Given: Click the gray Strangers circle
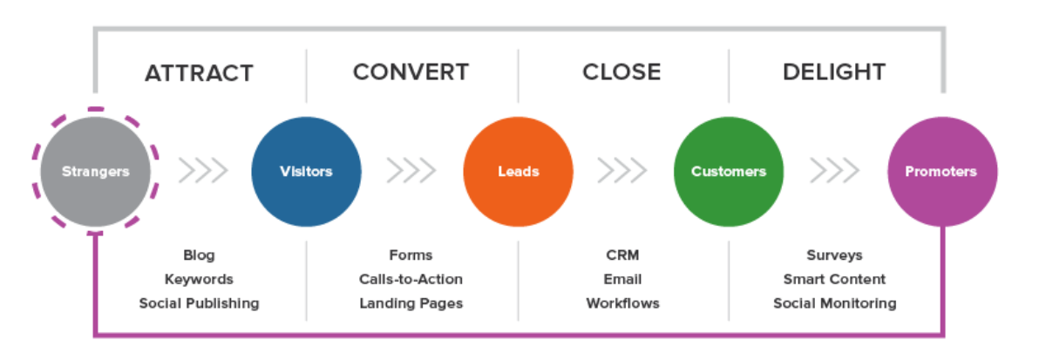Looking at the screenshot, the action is click(x=95, y=171).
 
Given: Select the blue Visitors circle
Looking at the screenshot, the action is click(x=306, y=171).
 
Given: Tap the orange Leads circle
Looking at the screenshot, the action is click(x=518, y=171).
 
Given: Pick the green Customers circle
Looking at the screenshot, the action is click(x=729, y=171).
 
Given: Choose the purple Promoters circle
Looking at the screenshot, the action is click(x=942, y=171).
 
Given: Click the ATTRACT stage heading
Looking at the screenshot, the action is click(x=199, y=73).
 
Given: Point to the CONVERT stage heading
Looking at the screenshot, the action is click(x=411, y=71).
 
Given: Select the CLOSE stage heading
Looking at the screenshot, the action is click(x=621, y=71).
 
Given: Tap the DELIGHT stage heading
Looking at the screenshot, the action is click(x=834, y=71).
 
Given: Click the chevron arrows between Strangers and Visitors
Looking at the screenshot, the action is click(x=203, y=171).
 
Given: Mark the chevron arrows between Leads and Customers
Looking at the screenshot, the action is click(x=621, y=171).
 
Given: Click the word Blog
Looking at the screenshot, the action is click(x=199, y=255).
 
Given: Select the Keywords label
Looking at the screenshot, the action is click(x=199, y=279).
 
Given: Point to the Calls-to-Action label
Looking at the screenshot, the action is click(x=411, y=279).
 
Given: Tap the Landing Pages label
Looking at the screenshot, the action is click(x=411, y=303).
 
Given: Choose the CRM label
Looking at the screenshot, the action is click(x=622, y=255).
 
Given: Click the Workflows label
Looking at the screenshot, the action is click(x=622, y=303).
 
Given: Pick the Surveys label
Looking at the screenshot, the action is click(x=834, y=255).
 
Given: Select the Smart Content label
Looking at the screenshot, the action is click(x=834, y=279).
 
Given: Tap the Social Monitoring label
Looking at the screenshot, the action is click(x=834, y=303).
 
